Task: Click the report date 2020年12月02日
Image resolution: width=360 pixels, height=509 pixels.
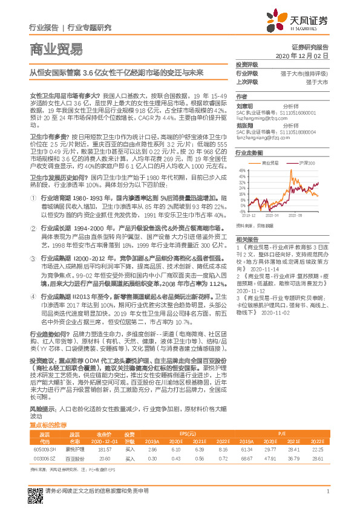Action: click(301, 55)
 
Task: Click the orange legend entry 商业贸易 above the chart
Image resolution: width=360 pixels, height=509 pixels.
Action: click(268, 163)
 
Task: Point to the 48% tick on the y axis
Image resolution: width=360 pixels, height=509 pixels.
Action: click(243, 170)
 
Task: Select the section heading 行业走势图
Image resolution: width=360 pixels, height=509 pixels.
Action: click(248, 154)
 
